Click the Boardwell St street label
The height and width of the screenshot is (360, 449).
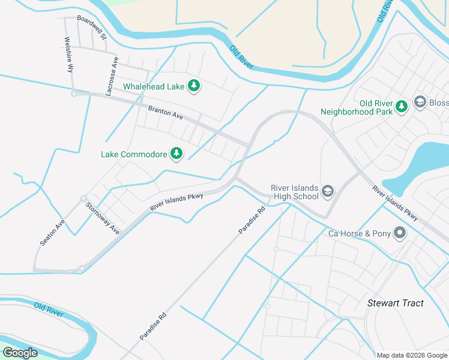[x=92, y=27]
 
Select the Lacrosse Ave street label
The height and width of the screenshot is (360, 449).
[x=112, y=76]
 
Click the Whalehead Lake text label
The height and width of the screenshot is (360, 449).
[x=154, y=86]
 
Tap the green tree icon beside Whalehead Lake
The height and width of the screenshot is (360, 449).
[x=194, y=86]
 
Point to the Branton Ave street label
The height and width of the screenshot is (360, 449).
[x=165, y=112]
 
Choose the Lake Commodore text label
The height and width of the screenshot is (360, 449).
[x=134, y=154]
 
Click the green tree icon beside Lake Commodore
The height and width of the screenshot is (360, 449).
[x=176, y=154]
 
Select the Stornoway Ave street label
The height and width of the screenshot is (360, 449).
[x=102, y=218]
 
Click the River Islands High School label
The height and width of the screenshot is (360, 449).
[x=295, y=192]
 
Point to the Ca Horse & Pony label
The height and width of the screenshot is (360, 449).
[x=359, y=233]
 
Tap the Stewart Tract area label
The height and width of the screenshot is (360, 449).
[x=395, y=303]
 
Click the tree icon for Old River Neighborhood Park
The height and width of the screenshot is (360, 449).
[x=402, y=107]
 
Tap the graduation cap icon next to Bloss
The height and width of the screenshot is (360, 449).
[x=419, y=103]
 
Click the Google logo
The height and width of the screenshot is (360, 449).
[x=20, y=353]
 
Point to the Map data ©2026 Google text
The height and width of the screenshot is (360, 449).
[x=411, y=355]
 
